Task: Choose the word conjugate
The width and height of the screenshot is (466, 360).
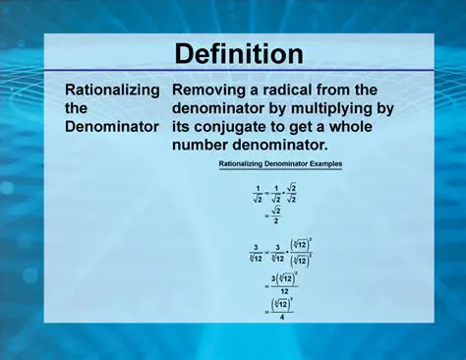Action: (243, 127)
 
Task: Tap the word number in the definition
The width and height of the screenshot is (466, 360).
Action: (205, 146)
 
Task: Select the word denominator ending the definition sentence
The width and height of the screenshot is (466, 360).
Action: (291, 146)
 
